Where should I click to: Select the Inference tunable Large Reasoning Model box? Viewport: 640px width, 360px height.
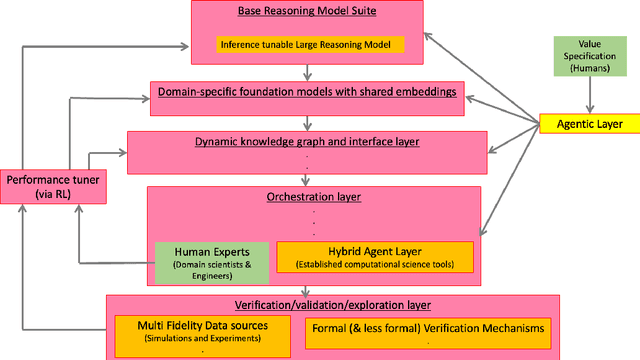coord(310,44)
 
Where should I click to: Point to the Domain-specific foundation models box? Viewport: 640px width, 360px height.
coord(308,93)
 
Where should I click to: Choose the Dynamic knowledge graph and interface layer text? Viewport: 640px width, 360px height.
coord(307,142)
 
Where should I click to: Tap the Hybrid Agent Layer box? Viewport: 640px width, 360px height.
coord(375,257)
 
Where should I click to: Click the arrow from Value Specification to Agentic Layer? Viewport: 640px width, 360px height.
coord(588,97)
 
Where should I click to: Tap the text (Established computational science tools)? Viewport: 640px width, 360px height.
coord(375,265)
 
